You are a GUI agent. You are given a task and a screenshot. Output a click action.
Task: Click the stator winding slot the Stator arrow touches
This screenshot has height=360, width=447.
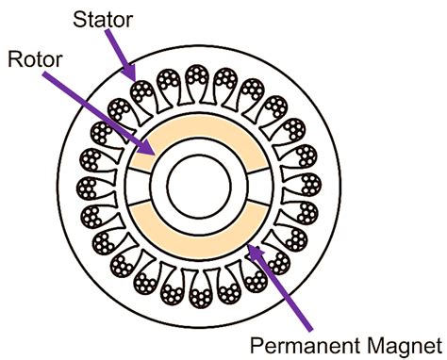click(144, 91)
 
